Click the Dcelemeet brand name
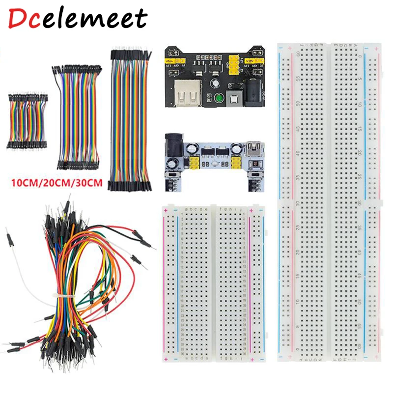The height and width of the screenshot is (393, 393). point(78,19)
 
